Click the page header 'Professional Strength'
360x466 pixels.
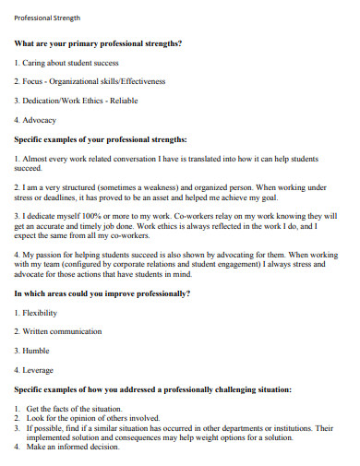pyautogui.click(x=47, y=18)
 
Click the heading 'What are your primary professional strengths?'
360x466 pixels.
pyautogui.click(x=98, y=43)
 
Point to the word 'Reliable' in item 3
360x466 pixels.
pyautogui.click(x=124, y=101)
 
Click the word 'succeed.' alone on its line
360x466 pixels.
pyautogui.click(x=29, y=168)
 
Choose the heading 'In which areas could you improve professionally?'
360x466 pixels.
pyautogui.click(x=102, y=293)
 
